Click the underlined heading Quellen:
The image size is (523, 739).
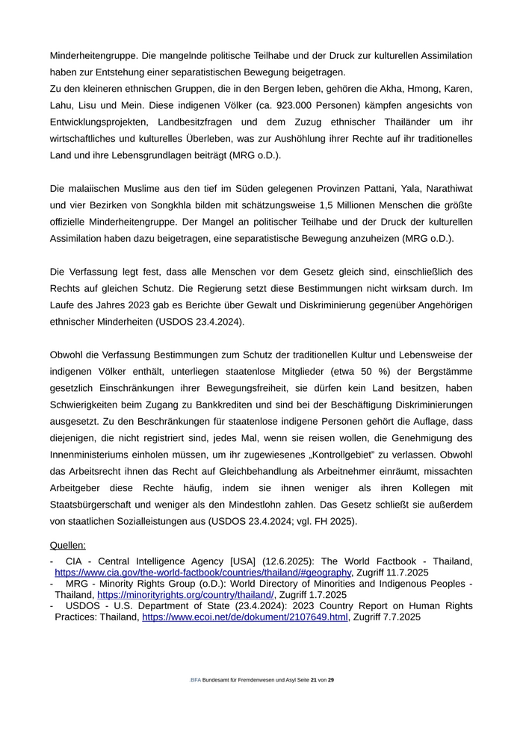click(68, 546)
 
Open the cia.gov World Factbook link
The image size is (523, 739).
click(202, 573)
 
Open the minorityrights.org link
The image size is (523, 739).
click(185, 595)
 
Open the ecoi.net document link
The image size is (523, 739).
click(245, 617)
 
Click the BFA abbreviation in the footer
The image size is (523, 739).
click(196, 680)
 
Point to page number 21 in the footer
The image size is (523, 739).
click(314, 680)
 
